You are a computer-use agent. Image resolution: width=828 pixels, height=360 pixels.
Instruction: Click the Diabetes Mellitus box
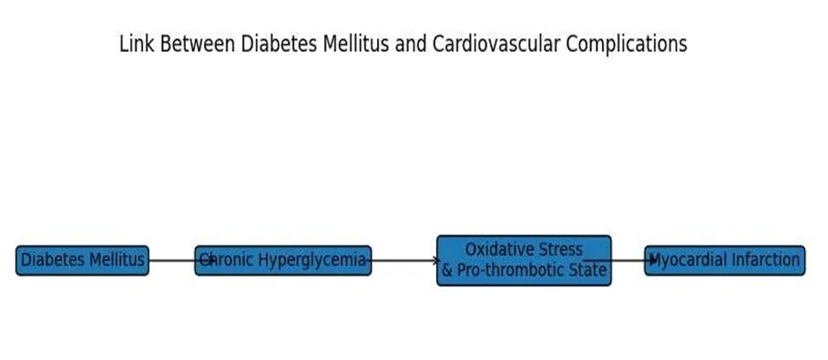82,261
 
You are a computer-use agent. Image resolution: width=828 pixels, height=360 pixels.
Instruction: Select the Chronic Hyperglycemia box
283,261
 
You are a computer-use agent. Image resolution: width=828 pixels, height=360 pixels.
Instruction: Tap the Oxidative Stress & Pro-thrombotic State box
524,261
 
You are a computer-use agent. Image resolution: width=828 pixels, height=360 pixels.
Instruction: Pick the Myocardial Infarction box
724,261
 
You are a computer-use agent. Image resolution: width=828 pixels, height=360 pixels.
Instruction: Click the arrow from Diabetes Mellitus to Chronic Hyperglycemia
181,260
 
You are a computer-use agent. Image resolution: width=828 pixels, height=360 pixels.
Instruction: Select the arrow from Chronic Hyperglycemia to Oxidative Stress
403,260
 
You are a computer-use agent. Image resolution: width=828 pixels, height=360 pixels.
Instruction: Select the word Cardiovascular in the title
496,44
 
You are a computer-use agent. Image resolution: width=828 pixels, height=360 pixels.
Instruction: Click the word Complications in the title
627,46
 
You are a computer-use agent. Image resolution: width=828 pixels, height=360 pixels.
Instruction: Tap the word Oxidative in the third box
499,249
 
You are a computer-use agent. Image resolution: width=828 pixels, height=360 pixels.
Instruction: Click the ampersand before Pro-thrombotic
447,270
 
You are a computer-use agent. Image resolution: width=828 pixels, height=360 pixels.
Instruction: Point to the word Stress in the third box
561,249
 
